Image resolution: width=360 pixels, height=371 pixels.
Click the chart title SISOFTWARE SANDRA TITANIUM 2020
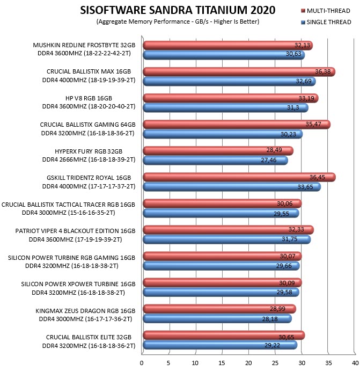pyautogui.click(x=178, y=10)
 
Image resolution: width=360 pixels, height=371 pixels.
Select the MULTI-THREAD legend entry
pyautogui.click(x=326, y=11)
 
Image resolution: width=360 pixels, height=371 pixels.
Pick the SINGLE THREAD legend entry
pyautogui.click(x=326, y=22)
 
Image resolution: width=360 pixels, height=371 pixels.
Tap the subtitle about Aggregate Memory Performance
pyautogui.click(x=178, y=21)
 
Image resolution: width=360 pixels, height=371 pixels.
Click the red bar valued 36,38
pyautogui.click(x=239, y=72)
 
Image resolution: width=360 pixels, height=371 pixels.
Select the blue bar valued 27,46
pyautogui.click(x=215, y=161)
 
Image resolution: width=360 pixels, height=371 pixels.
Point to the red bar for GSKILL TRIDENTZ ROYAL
pyautogui.click(x=239, y=177)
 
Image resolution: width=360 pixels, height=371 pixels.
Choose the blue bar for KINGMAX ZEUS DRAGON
pyautogui.click(x=217, y=319)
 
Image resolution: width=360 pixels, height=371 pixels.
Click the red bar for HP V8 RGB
pyautogui.click(x=231, y=98)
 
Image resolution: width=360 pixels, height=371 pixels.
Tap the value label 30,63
pyautogui.click(x=293, y=54)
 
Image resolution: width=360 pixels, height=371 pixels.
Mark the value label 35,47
pyautogui.click(x=313, y=124)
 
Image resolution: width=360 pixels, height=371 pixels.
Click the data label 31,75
pyautogui.click(x=290, y=239)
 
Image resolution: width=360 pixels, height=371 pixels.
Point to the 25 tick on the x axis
pyautogui.click(x=275, y=363)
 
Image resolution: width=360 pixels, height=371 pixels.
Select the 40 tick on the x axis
pyautogui.click(x=355, y=363)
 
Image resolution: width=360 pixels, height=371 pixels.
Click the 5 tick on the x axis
pyautogui.click(x=168, y=363)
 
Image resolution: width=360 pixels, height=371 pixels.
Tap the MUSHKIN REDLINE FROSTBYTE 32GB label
pyautogui.click(x=84, y=45)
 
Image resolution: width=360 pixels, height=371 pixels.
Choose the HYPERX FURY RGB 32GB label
pyautogui.click(x=89, y=151)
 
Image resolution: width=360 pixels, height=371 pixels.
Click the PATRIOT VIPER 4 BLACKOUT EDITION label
pyautogui.click(x=76, y=231)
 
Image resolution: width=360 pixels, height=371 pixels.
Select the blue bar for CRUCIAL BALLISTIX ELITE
pyautogui.click(x=220, y=345)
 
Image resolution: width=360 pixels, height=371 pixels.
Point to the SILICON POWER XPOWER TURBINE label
pyautogui.click(x=78, y=284)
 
